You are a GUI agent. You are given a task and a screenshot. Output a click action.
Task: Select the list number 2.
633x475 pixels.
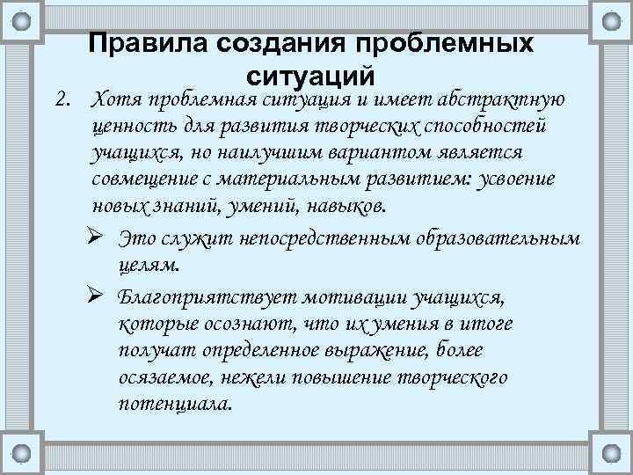pos(62,99)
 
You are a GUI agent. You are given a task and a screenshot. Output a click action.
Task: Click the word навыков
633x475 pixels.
pos(344,208)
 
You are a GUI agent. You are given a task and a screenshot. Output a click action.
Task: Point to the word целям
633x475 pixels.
pos(146,265)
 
